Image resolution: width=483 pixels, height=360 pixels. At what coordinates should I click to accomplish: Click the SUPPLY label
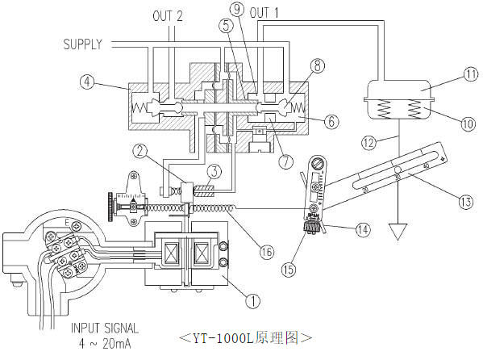(82, 44)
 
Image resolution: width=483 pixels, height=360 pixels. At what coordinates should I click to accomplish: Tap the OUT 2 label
(168, 16)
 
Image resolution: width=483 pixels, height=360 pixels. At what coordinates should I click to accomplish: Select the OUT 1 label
(264, 13)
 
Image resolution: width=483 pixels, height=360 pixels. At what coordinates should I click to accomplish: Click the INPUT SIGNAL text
(105, 329)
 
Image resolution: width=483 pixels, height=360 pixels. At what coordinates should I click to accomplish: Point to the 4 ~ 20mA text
(105, 344)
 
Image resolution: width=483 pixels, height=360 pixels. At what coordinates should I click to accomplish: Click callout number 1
(253, 300)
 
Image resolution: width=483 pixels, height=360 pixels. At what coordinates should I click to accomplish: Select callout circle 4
(87, 82)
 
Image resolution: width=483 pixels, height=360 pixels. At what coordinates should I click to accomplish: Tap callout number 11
(471, 75)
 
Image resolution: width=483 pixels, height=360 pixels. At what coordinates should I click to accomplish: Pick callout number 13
(466, 202)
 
